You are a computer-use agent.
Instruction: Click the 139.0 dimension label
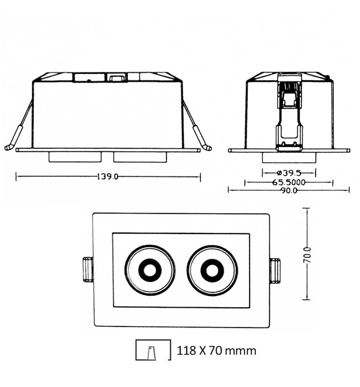(x=107, y=177)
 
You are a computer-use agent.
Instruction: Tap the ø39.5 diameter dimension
(x=289, y=173)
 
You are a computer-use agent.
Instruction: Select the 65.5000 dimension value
(x=289, y=182)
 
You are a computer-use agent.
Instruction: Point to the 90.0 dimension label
(x=289, y=191)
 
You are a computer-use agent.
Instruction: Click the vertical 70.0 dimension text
(x=307, y=255)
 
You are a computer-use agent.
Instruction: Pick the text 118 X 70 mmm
(x=217, y=350)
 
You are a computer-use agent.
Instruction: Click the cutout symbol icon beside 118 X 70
(x=153, y=350)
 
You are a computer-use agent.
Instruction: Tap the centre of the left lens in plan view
(x=150, y=270)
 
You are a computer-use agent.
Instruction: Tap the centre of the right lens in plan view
(x=212, y=271)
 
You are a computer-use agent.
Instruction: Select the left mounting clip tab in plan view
(x=88, y=269)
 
